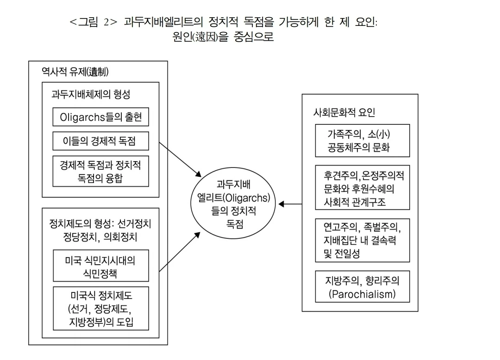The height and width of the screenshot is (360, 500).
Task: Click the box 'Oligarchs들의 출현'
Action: click(x=100, y=117)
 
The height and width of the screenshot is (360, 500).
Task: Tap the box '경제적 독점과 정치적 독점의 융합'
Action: click(x=100, y=171)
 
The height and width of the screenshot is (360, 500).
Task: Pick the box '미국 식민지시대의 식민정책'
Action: click(x=100, y=266)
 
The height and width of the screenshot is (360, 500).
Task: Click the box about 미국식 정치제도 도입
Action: click(x=100, y=308)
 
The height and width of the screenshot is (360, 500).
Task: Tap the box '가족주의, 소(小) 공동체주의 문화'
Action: click(x=362, y=141)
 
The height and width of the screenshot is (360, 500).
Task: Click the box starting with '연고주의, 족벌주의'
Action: click(x=362, y=240)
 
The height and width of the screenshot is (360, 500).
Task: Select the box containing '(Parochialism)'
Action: click(x=362, y=286)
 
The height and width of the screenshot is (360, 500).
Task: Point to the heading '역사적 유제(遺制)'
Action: click(x=75, y=71)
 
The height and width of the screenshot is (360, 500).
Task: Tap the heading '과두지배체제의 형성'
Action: click(x=91, y=94)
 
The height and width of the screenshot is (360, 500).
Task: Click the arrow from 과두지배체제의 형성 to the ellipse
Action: click(x=181, y=159)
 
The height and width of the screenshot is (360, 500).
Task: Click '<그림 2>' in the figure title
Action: click(x=91, y=22)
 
